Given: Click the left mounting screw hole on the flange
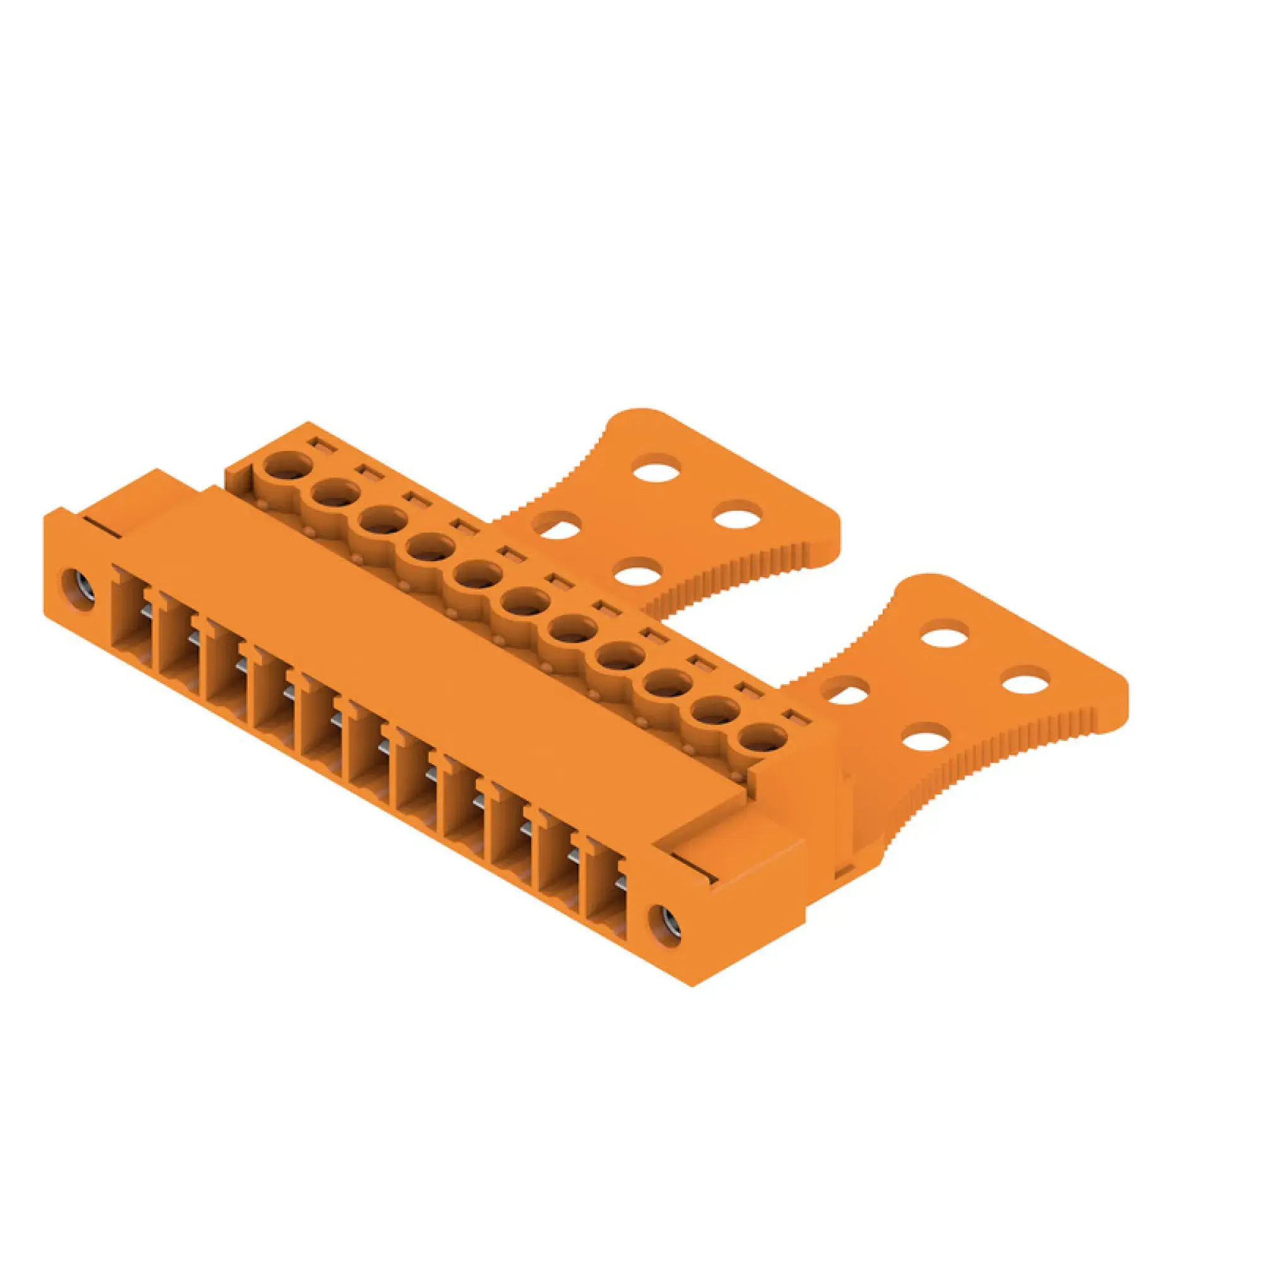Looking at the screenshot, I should click(x=78, y=581).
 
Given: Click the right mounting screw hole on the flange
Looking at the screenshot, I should click(x=666, y=923).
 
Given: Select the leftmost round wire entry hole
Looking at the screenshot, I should click(x=289, y=467).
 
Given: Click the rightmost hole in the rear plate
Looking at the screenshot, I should click(x=738, y=518).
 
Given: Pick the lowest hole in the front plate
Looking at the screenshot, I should click(x=926, y=741).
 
